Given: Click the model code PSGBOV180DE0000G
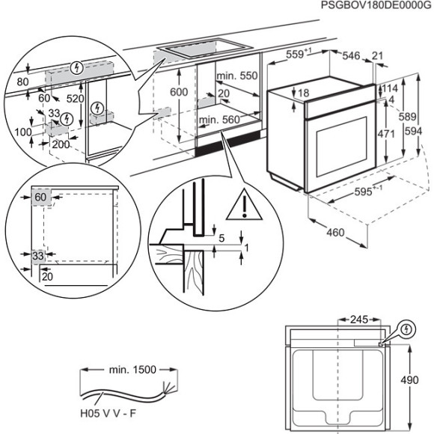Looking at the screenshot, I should click(x=376, y=5).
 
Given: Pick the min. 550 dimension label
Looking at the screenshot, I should click(x=236, y=77).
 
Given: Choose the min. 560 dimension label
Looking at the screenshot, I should click(x=218, y=120).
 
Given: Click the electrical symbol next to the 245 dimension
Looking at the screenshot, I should click(x=406, y=328).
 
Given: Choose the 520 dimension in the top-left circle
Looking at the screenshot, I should click(x=75, y=99).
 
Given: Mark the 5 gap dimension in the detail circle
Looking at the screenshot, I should click(x=222, y=239).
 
